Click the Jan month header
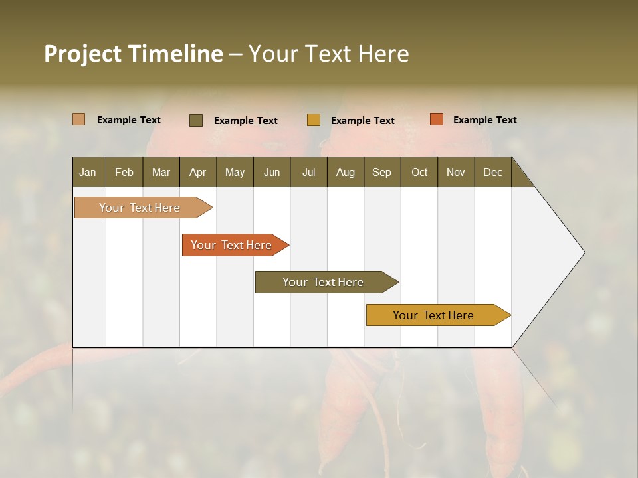88,172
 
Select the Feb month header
124,172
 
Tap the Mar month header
161,172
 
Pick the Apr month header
198,172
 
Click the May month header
235,172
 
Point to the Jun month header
272,172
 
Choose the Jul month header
308,172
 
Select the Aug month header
346,172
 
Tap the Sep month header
382,172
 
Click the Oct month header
419,172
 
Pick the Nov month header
456,172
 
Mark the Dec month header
493,172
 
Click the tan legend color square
79,119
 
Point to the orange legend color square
436,119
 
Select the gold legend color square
314,120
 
